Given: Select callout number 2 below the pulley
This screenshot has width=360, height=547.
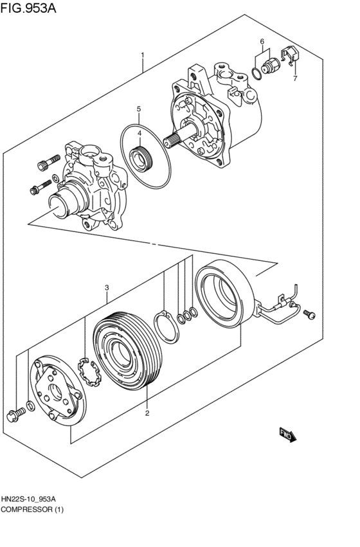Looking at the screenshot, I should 147,413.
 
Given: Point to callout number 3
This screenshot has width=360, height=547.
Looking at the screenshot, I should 107,287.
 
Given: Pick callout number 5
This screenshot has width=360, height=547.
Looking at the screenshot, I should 262,41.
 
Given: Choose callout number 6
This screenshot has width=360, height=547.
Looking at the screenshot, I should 295,79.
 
